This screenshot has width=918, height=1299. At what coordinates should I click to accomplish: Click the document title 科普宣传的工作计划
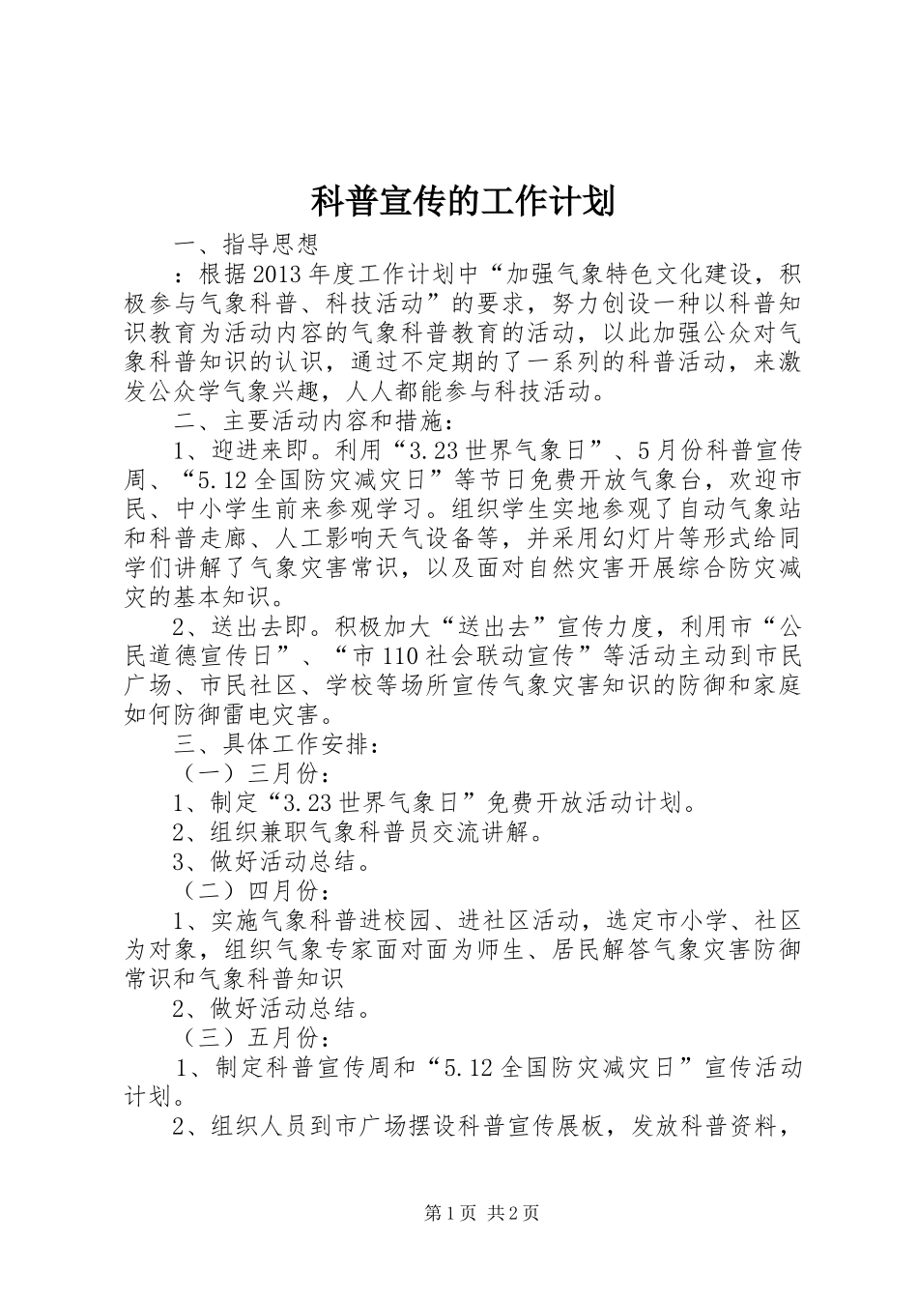(463, 201)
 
